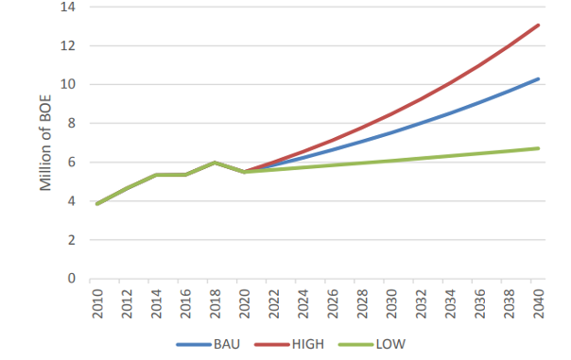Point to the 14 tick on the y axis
click(70, 7)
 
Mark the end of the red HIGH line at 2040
click(539, 25)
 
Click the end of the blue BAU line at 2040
click(539, 78)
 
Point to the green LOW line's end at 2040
click(539, 148)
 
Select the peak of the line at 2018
click(215, 163)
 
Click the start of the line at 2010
click(95, 203)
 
